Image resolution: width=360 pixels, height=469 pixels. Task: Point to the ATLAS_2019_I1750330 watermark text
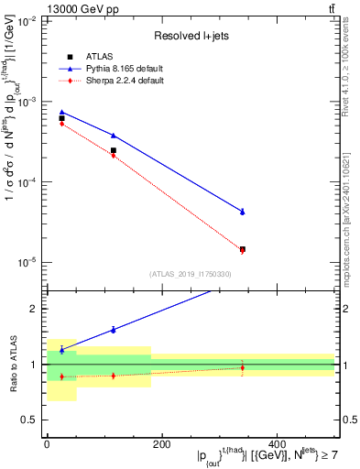[191, 273]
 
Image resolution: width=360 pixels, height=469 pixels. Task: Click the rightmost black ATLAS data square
[243, 249]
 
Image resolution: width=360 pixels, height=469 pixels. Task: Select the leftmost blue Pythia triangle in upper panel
[62, 112]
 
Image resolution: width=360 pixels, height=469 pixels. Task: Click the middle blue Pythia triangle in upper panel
[114, 136]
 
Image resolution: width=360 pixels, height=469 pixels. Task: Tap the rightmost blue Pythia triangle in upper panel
[243, 212]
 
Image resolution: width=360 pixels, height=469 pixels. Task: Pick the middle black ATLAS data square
[114, 150]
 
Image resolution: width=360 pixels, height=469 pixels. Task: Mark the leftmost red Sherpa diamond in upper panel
[62, 124]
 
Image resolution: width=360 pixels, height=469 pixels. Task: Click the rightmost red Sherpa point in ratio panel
[243, 367]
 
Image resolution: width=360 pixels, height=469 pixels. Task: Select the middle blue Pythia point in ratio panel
[114, 330]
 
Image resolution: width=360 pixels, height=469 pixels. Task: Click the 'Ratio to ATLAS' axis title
[13, 364]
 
